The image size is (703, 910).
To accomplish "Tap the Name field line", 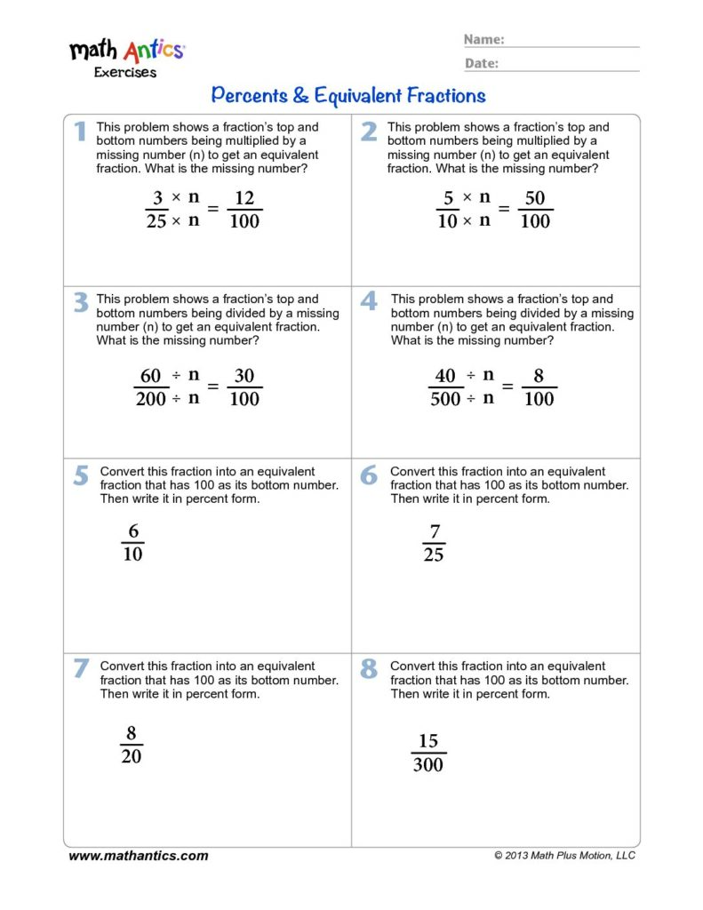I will (x=572, y=45).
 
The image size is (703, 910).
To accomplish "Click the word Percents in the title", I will (x=252, y=95).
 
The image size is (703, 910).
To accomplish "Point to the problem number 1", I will (x=80, y=132).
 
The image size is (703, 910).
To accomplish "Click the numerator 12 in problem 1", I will (x=244, y=198).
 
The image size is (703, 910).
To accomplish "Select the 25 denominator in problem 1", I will (x=156, y=221).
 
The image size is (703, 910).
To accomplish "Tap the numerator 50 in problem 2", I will (x=535, y=198).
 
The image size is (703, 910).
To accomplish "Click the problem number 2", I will (x=369, y=132).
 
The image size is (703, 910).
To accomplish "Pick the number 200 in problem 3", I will (x=151, y=399).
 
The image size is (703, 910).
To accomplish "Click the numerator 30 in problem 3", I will (x=244, y=376).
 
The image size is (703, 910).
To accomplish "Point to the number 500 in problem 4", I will (x=445, y=399).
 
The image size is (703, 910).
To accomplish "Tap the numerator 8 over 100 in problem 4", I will (x=539, y=376).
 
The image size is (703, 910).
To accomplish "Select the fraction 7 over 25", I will (x=434, y=543).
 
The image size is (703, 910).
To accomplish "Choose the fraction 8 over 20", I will (x=132, y=745).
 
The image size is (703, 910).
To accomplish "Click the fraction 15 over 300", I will (x=428, y=752).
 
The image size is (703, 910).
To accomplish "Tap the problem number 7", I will (x=80, y=669).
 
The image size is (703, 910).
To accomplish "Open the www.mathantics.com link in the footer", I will (x=139, y=856).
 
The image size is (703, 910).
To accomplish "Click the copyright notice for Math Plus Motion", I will (x=565, y=856).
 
